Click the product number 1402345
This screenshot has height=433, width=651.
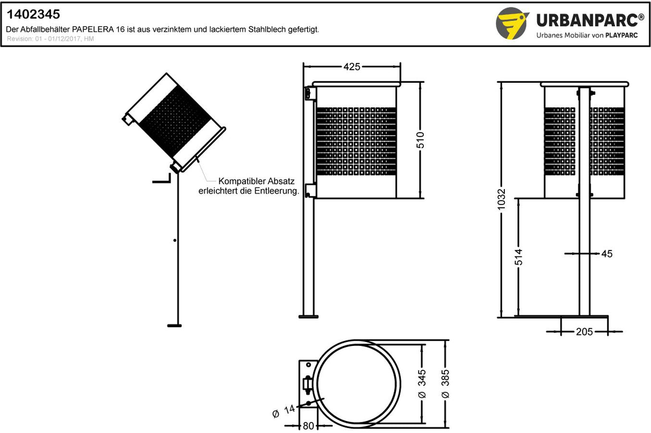33,15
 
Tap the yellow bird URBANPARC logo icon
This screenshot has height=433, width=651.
512,23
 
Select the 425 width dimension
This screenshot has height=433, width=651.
352,67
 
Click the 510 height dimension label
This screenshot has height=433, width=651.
420,140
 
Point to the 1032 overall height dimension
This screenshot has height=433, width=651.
502,199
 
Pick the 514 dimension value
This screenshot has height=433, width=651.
518,257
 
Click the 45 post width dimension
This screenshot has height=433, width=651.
607,254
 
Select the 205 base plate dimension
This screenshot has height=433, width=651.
584,331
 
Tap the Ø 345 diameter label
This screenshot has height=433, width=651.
422,383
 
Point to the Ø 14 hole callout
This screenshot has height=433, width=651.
284,411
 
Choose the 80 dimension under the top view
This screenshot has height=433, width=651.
308,426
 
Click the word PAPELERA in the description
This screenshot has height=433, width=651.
90,29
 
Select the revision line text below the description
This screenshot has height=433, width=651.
50,39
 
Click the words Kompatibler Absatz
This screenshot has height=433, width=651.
256,181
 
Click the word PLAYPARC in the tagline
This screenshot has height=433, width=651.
621,35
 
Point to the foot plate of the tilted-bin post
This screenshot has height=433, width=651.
174,326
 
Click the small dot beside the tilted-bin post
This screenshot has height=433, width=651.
175,240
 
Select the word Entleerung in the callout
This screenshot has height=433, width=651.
277,191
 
